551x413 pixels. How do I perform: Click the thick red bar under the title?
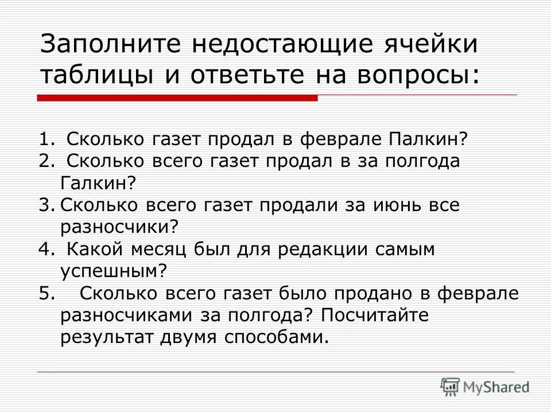point(178,98)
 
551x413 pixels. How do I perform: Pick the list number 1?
point(45,138)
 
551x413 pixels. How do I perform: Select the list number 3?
point(45,205)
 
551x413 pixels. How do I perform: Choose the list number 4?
point(45,250)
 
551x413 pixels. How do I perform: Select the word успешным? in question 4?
point(114,271)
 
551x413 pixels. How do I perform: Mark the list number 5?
point(45,294)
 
